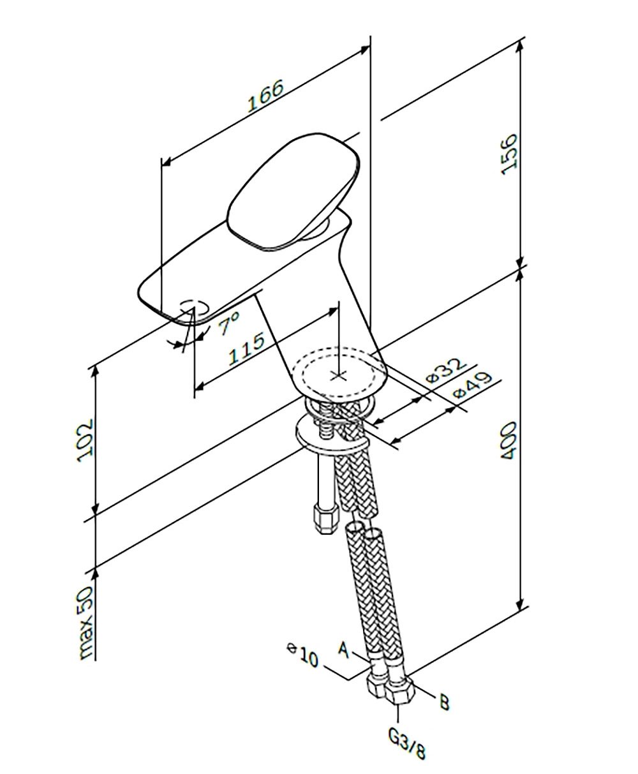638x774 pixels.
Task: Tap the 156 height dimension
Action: point(508,154)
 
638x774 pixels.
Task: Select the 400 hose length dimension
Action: point(508,441)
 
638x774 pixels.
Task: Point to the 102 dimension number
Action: point(85,441)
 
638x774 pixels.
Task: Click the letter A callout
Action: point(344,650)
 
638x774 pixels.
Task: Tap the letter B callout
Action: point(444,702)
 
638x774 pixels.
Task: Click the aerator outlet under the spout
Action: point(194,308)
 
